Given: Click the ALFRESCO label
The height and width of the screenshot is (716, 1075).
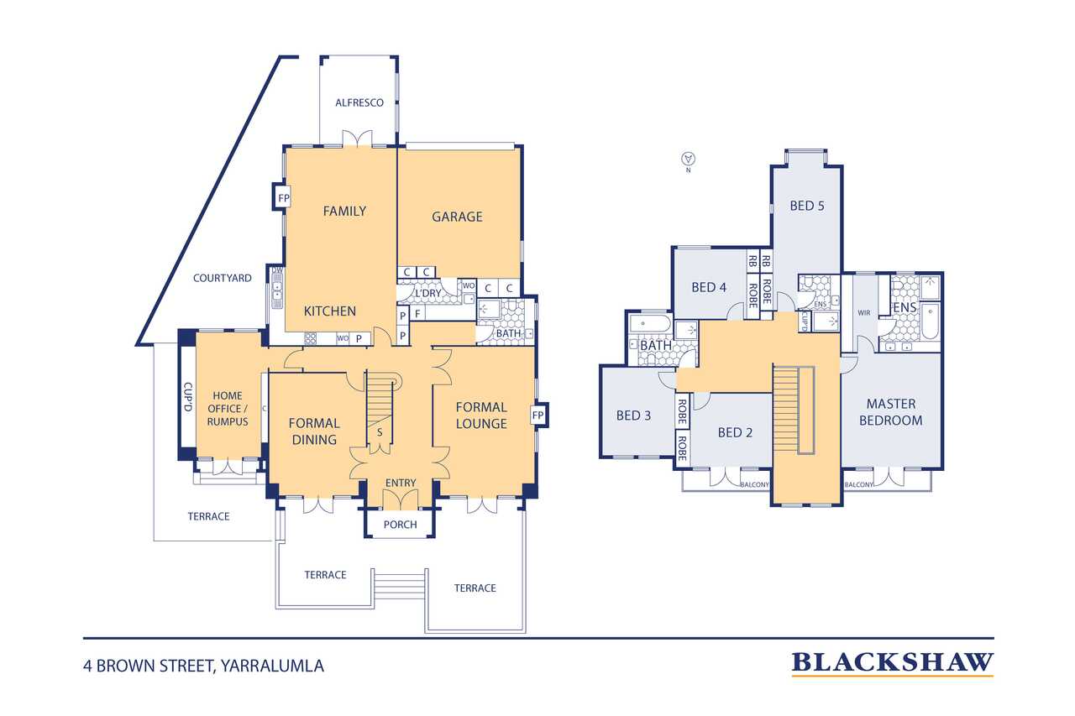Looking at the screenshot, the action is tap(359, 102).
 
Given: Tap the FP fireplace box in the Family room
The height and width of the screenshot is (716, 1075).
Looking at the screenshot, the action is tap(284, 197).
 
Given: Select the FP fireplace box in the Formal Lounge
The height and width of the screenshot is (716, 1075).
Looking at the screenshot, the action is tap(538, 415).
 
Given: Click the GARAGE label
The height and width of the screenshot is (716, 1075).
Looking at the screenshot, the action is tap(457, 217).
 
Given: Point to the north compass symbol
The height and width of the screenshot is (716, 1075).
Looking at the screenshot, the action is tap(688, 159).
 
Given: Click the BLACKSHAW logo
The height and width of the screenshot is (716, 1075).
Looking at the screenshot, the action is tap(892, 664).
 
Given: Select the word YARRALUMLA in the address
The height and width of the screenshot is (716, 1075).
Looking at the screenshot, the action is tap(272, 666).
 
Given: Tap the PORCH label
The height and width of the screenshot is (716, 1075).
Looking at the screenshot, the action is tap(401, 525).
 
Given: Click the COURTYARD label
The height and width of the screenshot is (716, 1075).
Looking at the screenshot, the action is tap(223, 278).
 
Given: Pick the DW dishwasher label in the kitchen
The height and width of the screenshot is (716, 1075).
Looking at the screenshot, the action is tap(277, 270).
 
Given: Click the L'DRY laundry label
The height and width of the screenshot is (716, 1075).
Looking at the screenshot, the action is tap(428, 293).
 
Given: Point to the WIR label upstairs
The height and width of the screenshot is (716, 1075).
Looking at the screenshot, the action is tap(864, 313).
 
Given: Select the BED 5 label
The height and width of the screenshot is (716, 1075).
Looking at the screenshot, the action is tap(807, 206).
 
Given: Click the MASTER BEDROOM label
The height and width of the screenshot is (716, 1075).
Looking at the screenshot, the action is tap(891, 412).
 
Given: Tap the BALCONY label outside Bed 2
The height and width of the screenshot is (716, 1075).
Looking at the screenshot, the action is tap(754, 485).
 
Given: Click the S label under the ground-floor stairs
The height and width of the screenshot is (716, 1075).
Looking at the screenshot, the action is tap(380, 432).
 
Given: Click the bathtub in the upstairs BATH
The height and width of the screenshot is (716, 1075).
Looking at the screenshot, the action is tap(650, 324).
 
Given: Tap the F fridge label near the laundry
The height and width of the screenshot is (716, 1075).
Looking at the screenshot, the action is tap(417, 314).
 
